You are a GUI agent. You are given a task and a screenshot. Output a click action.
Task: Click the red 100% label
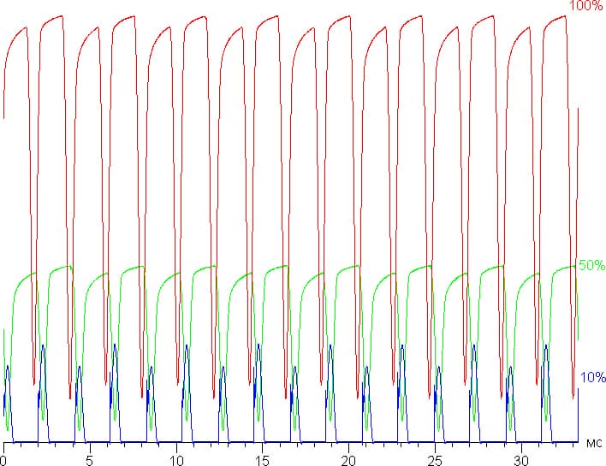[x=586, y=5]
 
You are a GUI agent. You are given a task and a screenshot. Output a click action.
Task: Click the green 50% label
[x=591, y=265]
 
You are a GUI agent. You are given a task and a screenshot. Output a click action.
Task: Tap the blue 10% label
[x=592, y=377]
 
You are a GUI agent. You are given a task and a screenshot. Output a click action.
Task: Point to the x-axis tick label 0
[x=3, y=461]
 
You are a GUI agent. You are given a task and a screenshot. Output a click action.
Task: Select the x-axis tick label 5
[x=90, y=461]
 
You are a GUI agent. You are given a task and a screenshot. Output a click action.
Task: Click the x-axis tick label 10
[x=176, y=461]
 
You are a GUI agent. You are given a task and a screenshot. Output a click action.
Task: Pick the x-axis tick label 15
[x=263, y=461]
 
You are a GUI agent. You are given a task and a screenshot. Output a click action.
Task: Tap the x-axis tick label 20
[x=348, y=461]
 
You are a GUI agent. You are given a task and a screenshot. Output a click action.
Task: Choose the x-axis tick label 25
[x=435, y=461]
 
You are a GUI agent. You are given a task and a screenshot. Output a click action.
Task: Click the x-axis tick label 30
[x=521, y=461]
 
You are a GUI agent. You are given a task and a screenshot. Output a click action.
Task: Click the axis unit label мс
[x=594, y=443]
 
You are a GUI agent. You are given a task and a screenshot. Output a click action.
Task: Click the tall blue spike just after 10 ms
[x=187, y=345]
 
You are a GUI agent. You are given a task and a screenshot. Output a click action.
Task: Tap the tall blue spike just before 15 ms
[x=258, y=345]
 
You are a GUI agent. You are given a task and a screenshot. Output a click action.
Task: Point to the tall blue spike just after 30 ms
[x=546, y=345]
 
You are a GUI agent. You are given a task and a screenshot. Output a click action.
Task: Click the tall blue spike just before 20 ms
[x=330, y=345]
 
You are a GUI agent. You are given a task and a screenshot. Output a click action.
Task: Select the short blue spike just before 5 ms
[x=80, y=366]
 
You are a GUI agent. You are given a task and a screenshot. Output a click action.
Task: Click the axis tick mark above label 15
[x=263, y=446]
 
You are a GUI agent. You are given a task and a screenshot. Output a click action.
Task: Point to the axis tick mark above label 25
[x=435, y=446]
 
